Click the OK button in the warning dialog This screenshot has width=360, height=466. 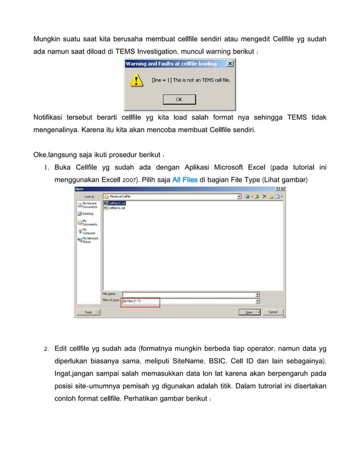[x=179, y=99]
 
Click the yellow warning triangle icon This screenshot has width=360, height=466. [x=136, y=81]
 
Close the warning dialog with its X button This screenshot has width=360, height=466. [x=229, y=64]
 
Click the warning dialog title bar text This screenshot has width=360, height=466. [x=170, y=64]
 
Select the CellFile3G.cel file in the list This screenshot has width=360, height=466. [x=116, y=207]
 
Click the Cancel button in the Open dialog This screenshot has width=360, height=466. [x=273, y=311]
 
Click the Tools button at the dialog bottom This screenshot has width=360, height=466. [x=89, y=311]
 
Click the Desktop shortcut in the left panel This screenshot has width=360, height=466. [x=88, y=214]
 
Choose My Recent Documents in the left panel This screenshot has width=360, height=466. [x=88, y=205]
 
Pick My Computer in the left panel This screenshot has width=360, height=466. [x=88, y=231]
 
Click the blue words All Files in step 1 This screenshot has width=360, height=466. [x=185, y=179]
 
